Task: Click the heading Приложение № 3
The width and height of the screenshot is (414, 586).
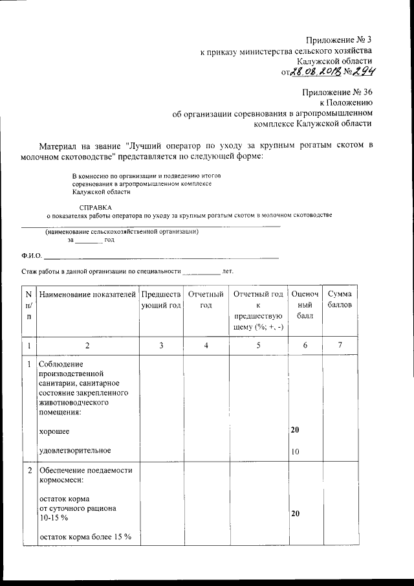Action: pyautogui.click(x=338, y=40)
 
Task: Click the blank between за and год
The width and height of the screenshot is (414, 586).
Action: pyautogui.click(x=89, y=240)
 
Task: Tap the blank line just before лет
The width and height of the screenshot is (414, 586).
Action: pyautogui.click(x=201, y=272)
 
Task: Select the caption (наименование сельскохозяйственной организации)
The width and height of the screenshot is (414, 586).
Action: pyautogui.click(x=121, y=232)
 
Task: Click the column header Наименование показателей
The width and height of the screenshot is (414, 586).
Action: pyautogui.click(x=87, y=295)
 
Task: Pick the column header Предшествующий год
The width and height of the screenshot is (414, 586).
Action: pyautogui.click(x=160, y=300)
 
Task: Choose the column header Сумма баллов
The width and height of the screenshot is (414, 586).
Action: pyautogui.click(x=340, y=300)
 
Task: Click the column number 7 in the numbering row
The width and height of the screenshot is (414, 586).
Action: pyautogui.click(x=340, y=346)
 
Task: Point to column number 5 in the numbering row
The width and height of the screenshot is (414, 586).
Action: pyautogui.click(x=257, y=346)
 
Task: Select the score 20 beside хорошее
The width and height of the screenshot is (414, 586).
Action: pyautogui.click(x=294, y=430)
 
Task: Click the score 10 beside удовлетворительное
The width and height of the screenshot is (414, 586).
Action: pyautogui.click(x=294, y=451)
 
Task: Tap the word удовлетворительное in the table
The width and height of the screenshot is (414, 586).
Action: pyautogui.click(x=75, y=450)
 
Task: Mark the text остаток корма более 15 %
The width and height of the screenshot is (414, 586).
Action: pyautogui.click(x=85, y=537)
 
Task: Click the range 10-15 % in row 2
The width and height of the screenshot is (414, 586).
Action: pyautogui.click(x=54, y=518)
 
